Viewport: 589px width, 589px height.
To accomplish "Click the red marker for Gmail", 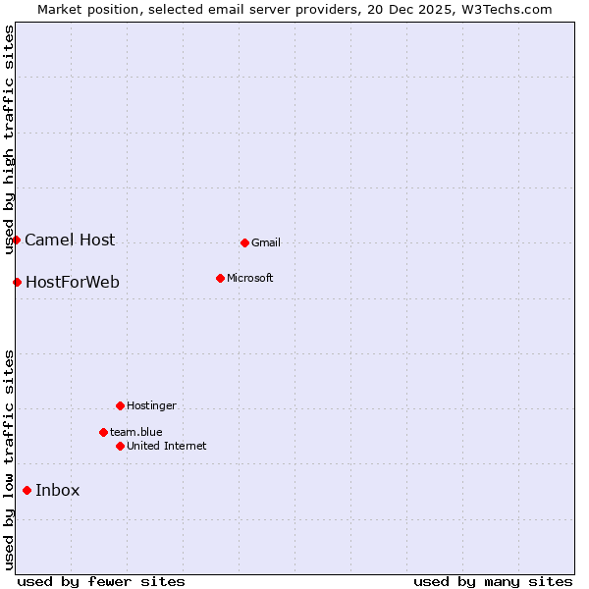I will [x=244, y=242].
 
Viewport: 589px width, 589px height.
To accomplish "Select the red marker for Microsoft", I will [x=220, y=278].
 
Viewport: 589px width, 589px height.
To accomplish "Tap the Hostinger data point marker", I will [x=120, y=405].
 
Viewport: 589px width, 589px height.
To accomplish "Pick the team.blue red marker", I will [x=103, y=432].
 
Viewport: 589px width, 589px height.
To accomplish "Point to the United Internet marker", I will [x=120, y=446].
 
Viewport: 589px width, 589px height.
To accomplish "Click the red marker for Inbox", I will [x=27, y=491].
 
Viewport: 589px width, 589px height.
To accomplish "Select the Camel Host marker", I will [x=17, y=240].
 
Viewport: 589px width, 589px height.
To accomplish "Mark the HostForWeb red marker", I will [x=18, y=283].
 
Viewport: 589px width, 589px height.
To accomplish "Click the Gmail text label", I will [x=266, y=243].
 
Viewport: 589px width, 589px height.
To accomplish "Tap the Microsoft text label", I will [x=250, y=279].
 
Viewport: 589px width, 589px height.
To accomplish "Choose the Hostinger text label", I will [x=152, y=406].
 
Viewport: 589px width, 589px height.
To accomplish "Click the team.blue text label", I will [x=136, y=433].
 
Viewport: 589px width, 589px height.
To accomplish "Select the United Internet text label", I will [x=167, y=447].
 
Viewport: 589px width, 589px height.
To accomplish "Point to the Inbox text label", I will [x=58, y=491].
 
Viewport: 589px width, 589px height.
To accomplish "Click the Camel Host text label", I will [x=70, y=241].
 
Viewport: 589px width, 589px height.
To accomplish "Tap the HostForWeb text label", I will [x=73, y=283].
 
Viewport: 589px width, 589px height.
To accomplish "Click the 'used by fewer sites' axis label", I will [x=101, y=581].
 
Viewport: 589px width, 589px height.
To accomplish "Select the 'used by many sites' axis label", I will [x=493, y=581].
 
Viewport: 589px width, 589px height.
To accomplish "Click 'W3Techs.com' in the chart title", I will [x=509, y=10].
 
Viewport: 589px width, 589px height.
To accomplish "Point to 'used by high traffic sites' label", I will [x=10, y=139].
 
